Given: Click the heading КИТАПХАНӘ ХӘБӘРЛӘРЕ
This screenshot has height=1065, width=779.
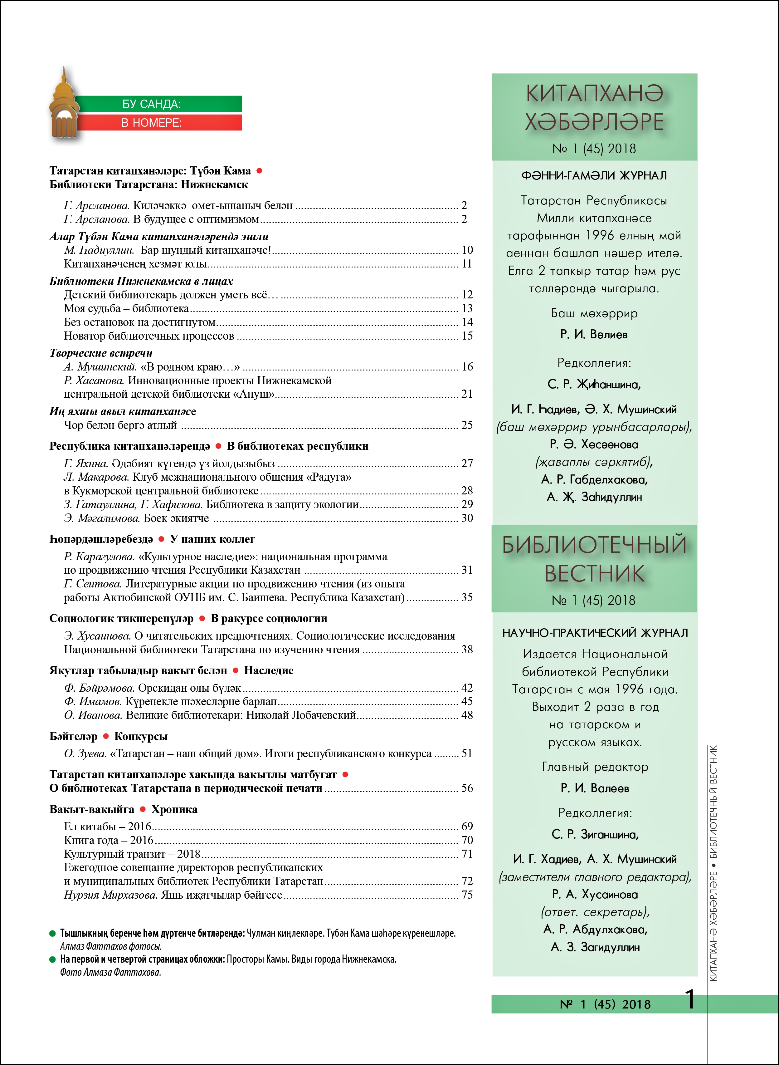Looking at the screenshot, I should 594,108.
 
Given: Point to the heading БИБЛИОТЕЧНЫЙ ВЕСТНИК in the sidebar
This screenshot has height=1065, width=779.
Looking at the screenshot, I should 594,559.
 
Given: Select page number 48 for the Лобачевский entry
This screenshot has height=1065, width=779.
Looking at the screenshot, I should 467,715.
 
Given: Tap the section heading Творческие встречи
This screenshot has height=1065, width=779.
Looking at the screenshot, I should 101,353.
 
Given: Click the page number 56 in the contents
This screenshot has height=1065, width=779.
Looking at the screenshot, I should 467,788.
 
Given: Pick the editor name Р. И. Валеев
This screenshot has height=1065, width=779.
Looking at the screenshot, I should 595,788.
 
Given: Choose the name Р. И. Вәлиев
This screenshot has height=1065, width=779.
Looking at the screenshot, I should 594,334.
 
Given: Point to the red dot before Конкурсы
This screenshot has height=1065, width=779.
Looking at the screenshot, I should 106,736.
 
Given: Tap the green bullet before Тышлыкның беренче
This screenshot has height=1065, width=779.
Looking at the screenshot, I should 53,933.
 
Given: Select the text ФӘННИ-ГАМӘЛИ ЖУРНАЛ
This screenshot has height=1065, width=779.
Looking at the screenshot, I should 594,175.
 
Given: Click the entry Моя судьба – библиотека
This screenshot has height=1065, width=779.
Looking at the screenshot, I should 126,308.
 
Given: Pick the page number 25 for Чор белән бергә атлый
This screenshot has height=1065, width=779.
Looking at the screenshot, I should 467,425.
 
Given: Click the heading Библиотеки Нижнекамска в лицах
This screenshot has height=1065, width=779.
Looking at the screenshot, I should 141,281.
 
